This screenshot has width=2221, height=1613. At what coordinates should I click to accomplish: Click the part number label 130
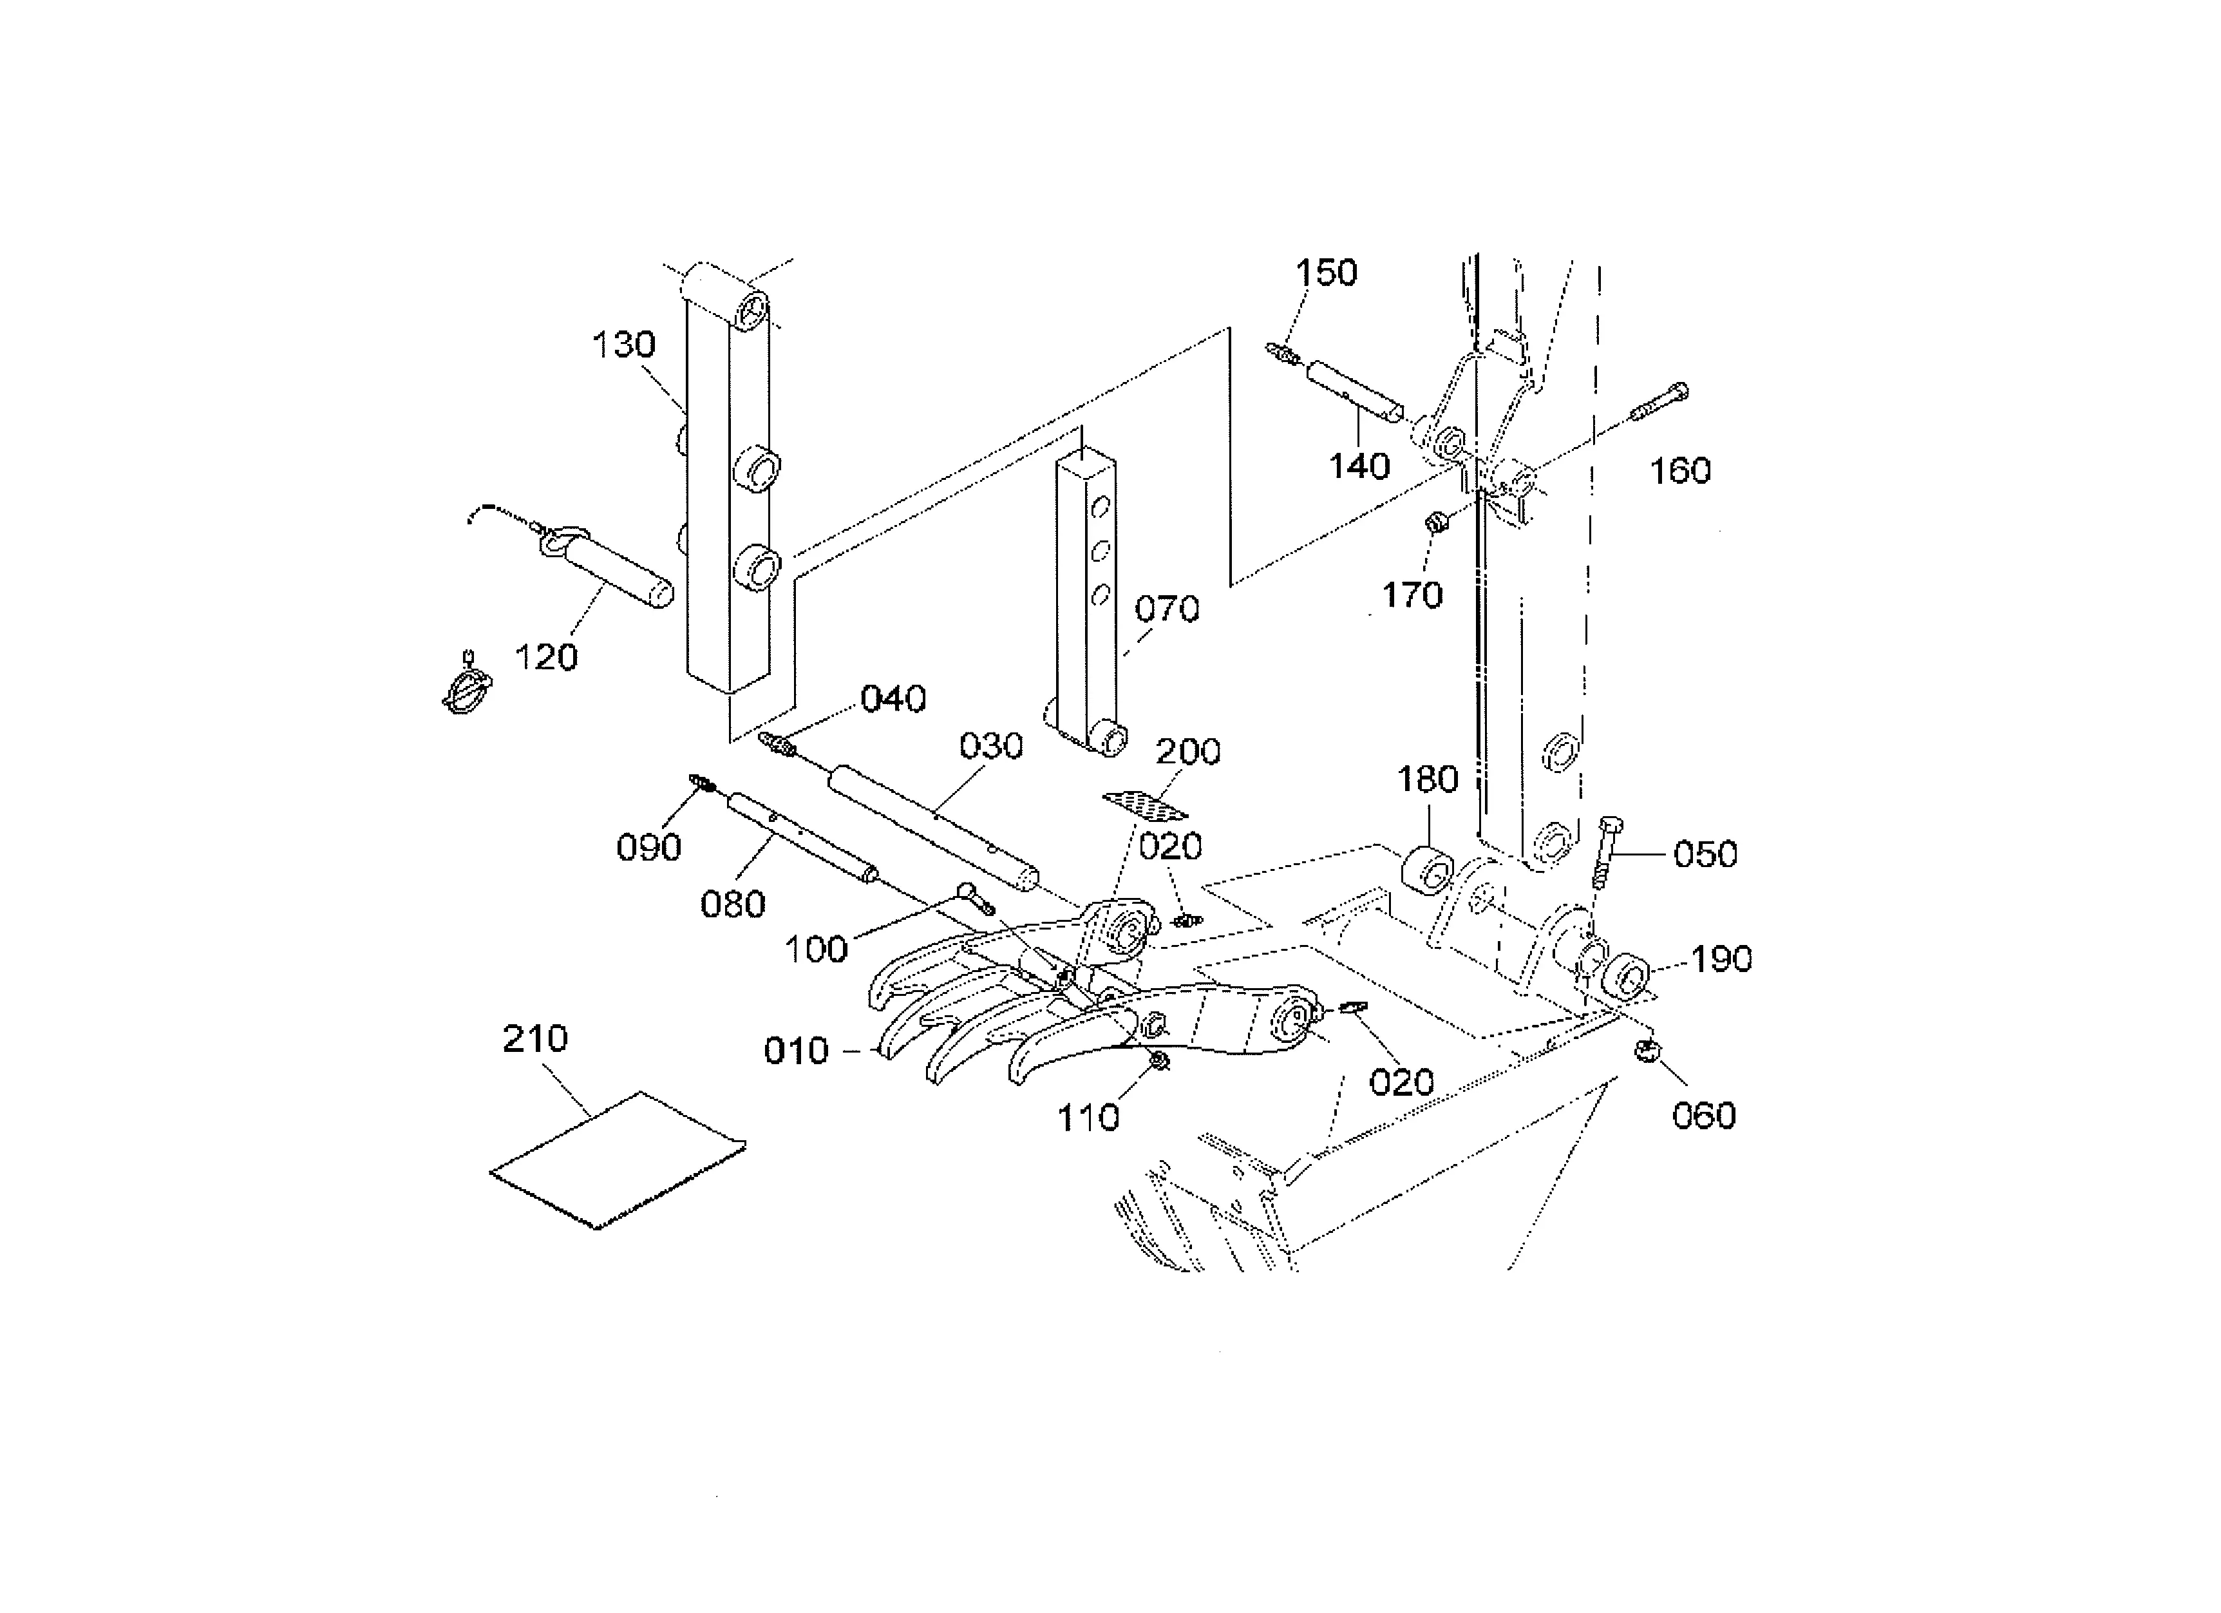pyautogui.click(x=624, y=345)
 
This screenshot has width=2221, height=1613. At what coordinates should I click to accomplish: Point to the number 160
pyautogui.click(x=1681, y=471)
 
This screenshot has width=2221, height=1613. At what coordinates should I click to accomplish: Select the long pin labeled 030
pyautogui.click(x=933, y=828)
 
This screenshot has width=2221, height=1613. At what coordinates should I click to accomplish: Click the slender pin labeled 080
pyautogui.click(x=801, y=838)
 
